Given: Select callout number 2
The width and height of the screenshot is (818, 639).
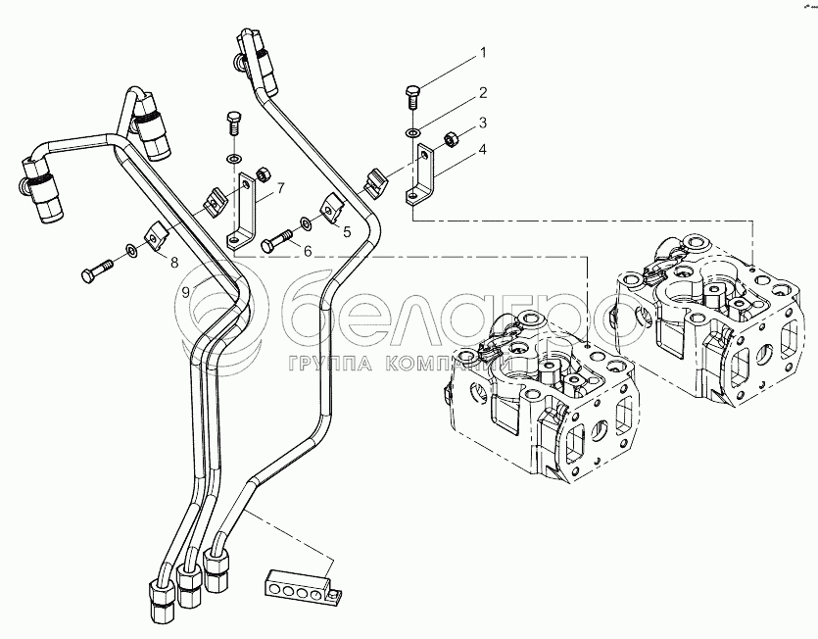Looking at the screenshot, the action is coord(482,94).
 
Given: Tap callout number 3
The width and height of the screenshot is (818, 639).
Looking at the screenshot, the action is coord(482,124).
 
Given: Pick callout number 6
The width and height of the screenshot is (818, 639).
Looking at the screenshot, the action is coord(307,252).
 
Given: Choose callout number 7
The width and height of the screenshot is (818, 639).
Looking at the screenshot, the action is coord(280,187).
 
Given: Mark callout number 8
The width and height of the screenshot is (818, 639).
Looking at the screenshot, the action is coord(174,262).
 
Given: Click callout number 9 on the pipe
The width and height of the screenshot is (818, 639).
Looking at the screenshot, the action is coord(185,292).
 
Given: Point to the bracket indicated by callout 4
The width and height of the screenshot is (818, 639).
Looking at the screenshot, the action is coord(421,172).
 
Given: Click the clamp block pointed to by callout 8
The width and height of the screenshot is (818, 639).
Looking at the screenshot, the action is coord(154,238).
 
